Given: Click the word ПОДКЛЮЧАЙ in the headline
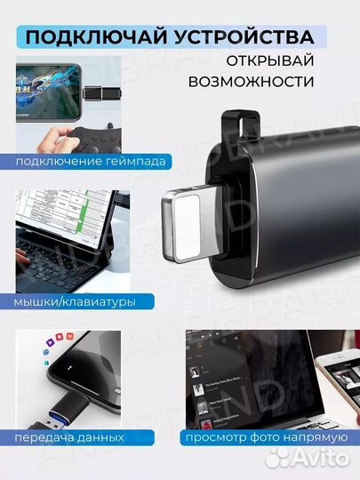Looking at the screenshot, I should pyautogui.click(x=84, y=36).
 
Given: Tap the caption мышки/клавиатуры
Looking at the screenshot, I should pyautogui.click(x=76, y=301).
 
